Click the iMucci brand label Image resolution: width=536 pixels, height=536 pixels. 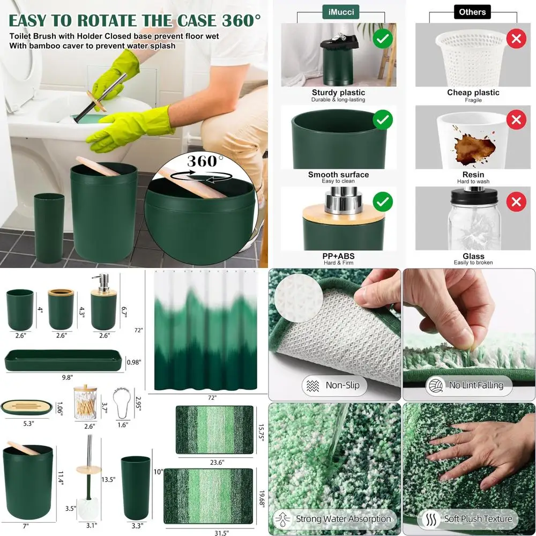pyautogui.click(x=338, y=12)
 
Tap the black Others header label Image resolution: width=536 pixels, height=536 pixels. pyautogui.click(x=472, y=12)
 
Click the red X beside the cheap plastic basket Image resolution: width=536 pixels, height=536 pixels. pyautogui.click(x=516, y=39)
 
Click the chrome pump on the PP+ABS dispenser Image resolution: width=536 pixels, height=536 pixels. pyautogui.click(x=339, y=195)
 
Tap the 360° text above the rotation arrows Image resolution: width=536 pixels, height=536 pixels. pyautogui.click(x=205, y=161)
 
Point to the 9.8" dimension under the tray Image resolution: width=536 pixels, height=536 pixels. pyautogui.click(x=67, y=377)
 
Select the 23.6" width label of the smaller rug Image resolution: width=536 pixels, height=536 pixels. pyautogui.click(x=214, y=462)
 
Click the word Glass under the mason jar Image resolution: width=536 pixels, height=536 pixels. pyautogui.click(x=473, y=256)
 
